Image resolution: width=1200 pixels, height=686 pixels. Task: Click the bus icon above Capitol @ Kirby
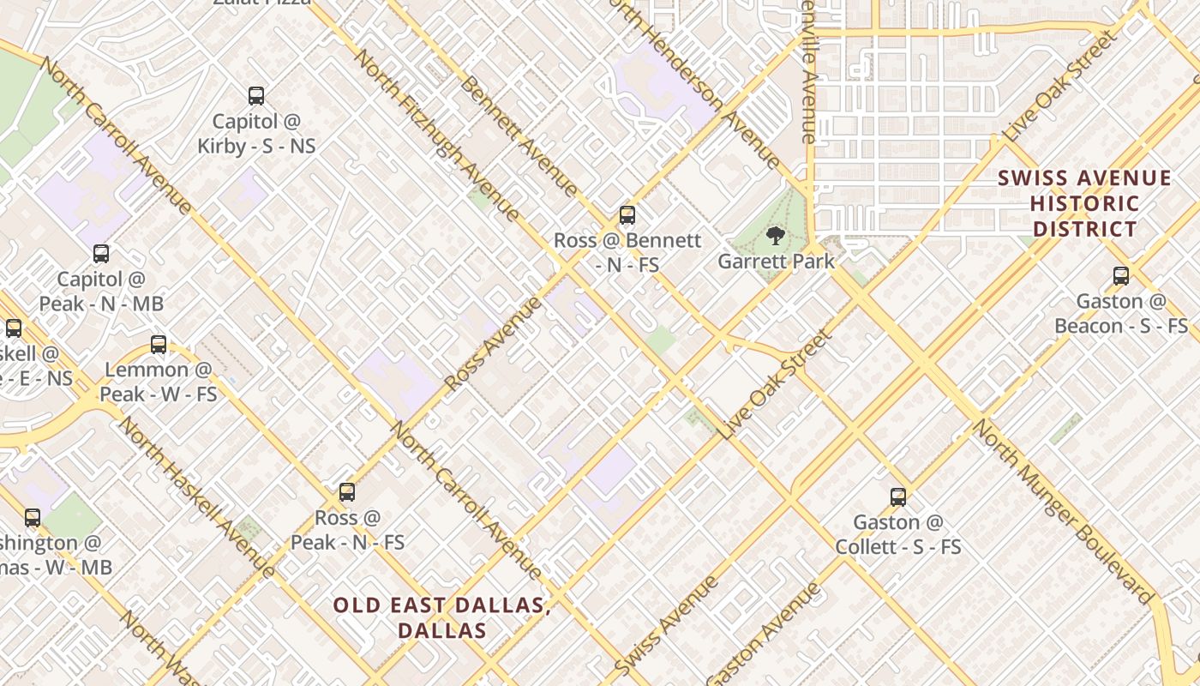255,96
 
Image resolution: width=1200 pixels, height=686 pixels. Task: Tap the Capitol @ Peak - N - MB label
101,292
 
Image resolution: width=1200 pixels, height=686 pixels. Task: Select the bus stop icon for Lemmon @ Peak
159,345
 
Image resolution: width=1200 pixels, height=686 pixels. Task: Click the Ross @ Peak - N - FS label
347,530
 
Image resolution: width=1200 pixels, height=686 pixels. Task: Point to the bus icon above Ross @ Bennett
627,215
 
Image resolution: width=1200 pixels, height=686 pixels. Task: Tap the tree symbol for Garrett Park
775,236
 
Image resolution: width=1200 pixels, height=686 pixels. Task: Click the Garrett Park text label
776,262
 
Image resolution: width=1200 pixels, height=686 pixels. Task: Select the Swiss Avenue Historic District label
1084,204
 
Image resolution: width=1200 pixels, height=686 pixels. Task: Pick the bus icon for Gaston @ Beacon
1120,276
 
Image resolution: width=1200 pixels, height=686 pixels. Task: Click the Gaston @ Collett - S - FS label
898,534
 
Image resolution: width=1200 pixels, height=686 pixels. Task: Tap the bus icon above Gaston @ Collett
897,496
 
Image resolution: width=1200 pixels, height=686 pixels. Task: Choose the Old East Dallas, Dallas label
441,617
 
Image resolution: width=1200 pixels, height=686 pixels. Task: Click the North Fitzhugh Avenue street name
436,135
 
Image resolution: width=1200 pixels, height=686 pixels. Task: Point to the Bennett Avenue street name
518,135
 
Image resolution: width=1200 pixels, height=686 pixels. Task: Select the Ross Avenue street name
494,343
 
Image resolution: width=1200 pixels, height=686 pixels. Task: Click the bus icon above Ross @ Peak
346,492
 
